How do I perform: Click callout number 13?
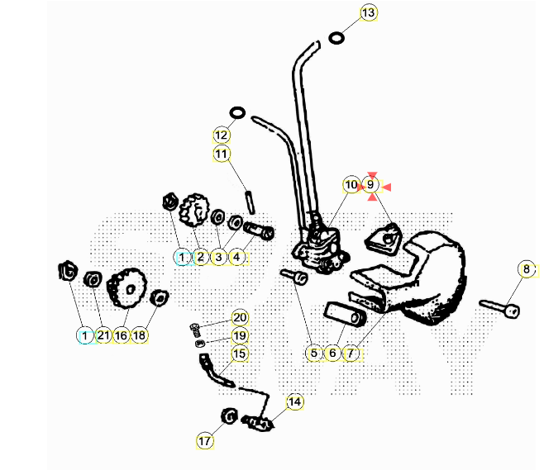point(368,12)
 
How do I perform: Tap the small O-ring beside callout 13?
point(337,37)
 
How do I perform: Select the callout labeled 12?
point(221,135)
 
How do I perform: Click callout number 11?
point(221,153)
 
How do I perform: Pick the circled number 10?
point(351,185)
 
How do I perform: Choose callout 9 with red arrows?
point(371,185)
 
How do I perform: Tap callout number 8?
point(527,269)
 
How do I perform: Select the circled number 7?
point(351,354)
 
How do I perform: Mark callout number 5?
point(313,354)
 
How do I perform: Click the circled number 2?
point(200,257)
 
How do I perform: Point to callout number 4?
point(236,257)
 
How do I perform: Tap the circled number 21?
point(103,335)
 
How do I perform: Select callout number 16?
point(121,335)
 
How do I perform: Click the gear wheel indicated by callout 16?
point(126,287)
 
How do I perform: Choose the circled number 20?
point(240,317)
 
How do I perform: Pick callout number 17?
point(205,440)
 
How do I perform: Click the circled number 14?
point(295,401)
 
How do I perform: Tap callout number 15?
point(240,354)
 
